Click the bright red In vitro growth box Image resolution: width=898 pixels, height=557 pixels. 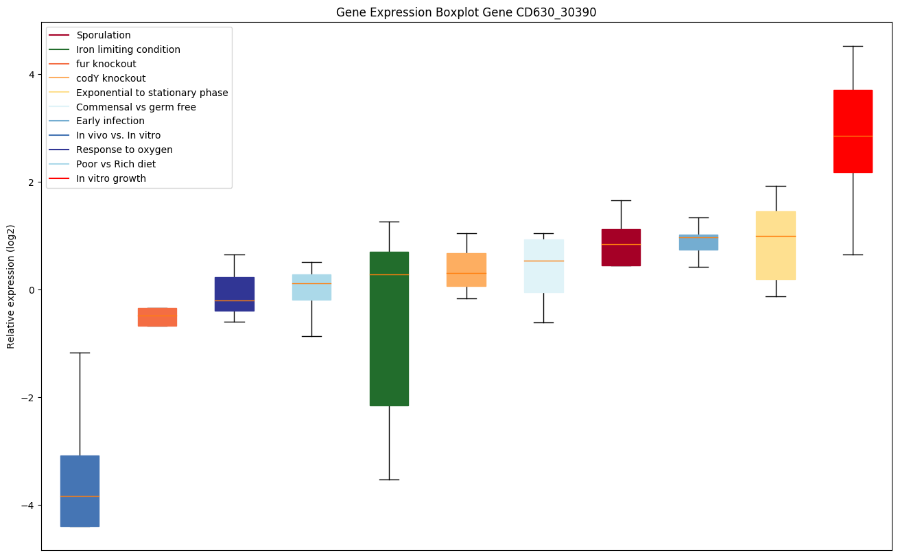tap(853, 130)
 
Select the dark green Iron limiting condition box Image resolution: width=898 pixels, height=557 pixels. tap(389, 329)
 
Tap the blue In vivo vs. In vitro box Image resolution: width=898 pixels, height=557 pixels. tap(80, 490)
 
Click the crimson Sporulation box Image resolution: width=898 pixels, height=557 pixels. tap(621, 247)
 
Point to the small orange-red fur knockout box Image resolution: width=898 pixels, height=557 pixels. tap(157, 317)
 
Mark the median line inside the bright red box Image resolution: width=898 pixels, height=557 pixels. tap(853, 136)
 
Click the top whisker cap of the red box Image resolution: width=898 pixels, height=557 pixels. tap(853, 46)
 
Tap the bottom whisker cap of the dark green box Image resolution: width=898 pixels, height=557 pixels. tap(389, 479)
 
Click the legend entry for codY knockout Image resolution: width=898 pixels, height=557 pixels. tap(110, 78)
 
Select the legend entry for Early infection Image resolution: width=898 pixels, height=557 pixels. tap(110, 121)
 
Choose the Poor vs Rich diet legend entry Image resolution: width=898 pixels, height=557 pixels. tap(115, 165)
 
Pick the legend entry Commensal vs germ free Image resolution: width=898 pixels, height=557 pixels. tap(136, 107)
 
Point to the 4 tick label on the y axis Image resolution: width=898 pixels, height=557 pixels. tap(31, 74)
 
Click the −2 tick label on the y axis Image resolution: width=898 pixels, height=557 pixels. tap(28, 398)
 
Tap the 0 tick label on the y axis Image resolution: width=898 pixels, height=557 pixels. tap(31, 290)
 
